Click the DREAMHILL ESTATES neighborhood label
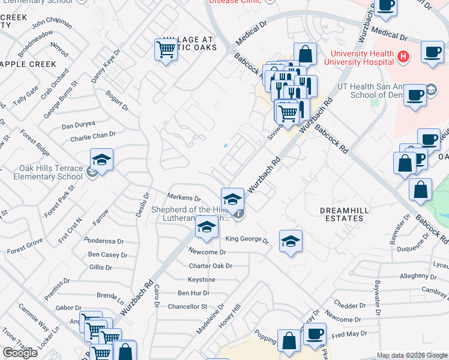pos(342,214)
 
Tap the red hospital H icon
pos(403,56)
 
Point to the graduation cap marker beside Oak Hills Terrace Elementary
pos(102,160)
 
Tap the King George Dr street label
pos(247,239)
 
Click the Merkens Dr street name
pos(184,197)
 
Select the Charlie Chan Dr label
pos(92,136)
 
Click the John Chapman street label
pos(52,23)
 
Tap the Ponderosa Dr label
pos(104,241)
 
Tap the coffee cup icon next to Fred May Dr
pos(315,334)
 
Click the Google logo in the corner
pos(20,353)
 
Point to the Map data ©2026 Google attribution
pos(412,355)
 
